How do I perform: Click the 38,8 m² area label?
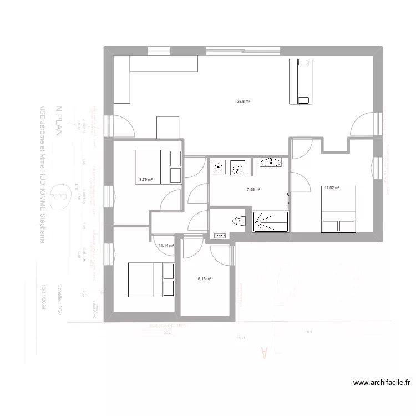(244, 102)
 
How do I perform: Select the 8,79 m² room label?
(146, 179)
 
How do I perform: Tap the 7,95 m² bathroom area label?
(253, 190)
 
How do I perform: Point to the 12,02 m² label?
(332, 188)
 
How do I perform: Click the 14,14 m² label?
(166, 245)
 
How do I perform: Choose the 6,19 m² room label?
(205, 279)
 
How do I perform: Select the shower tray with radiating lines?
(271, 221)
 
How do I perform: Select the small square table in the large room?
(168, 128)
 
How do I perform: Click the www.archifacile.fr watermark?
(382, 382)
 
